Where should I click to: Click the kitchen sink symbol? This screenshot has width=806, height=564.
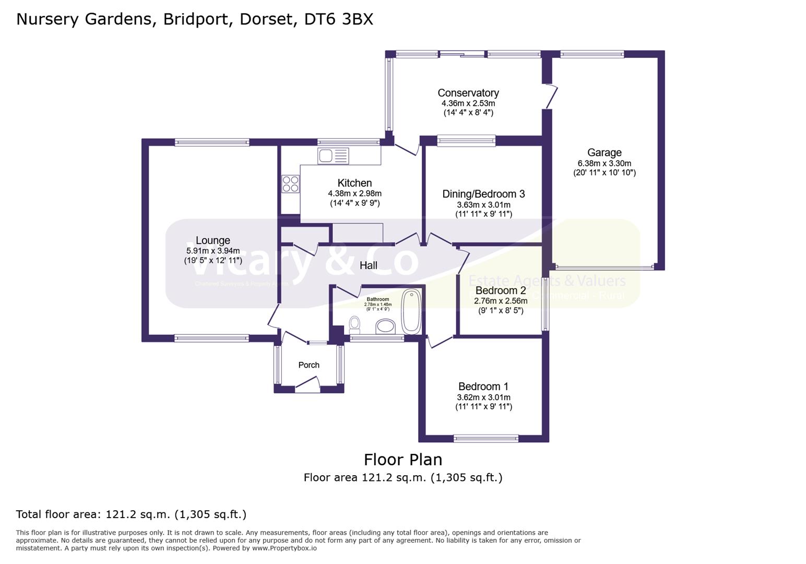click(x=333, y=156)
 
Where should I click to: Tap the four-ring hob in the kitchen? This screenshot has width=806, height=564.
click(x=290, y=184)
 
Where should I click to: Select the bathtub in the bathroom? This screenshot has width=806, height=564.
click(x=411, y=311)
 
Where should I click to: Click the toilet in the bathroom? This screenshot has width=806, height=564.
click(x=355, y=324)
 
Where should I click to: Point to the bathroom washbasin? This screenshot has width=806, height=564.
click(x=386, y=327)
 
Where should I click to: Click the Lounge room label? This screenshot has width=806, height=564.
click(x=212, y=240)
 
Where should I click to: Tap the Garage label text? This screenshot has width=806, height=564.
click(x=604, y=152)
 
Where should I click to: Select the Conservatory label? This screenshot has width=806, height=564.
click(x=468, y=93)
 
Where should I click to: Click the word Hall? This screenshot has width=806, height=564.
click(x=368, y=265)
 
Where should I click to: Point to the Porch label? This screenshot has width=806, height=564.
click(x=309, y=365)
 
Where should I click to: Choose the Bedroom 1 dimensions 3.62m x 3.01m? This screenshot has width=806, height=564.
click(x=483, y=397)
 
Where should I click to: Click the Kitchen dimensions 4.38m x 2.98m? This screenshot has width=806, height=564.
click(x=354, y=193)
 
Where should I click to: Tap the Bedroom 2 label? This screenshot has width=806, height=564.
click(x=500, y=290)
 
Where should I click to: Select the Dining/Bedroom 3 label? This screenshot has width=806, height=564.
click(x=483, y=194)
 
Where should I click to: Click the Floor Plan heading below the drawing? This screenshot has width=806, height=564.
click(x=402, y=460)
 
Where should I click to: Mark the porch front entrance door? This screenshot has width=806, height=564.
click(x=307, y=386)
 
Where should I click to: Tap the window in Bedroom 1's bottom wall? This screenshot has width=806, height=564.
click(x=485, y=439)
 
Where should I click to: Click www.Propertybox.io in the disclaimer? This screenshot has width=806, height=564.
click(x=284, y=548)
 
